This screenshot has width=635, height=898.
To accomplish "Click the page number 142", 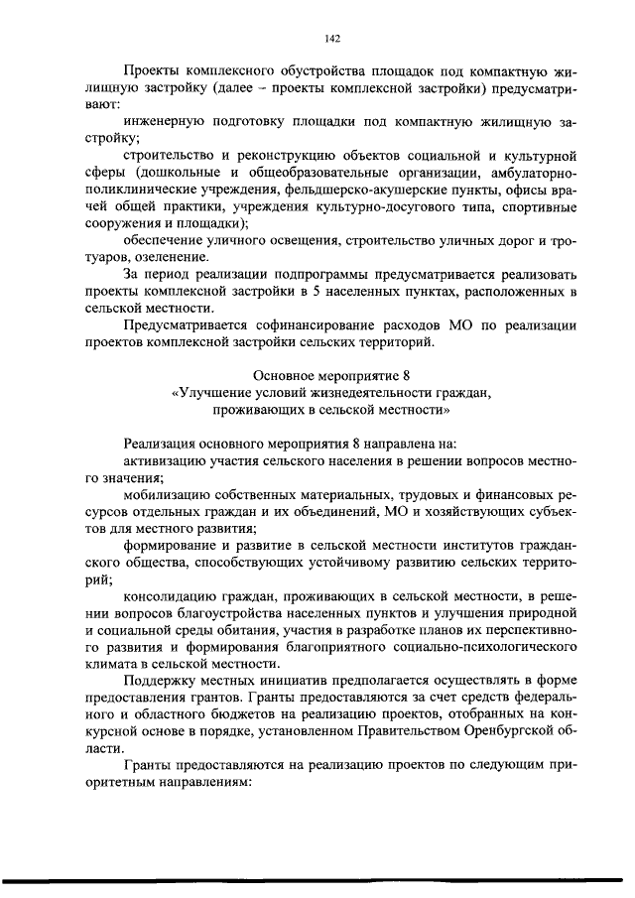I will (332, 39).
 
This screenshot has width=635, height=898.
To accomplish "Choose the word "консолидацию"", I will (172, 594).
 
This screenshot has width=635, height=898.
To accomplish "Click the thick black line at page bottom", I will (317, 881).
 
